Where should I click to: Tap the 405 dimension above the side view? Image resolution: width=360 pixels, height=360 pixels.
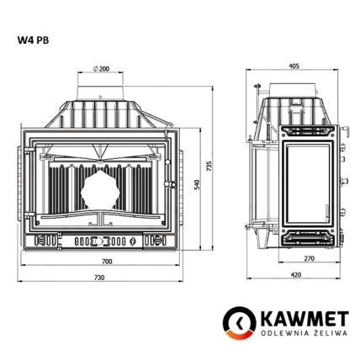tap(294, 65)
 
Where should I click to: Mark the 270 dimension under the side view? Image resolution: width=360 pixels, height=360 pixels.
tap(309, 258)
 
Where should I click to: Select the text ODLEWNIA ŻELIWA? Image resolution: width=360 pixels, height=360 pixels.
tap(295, 332)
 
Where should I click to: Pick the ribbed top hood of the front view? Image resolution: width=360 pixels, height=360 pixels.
tap(100, 113)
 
